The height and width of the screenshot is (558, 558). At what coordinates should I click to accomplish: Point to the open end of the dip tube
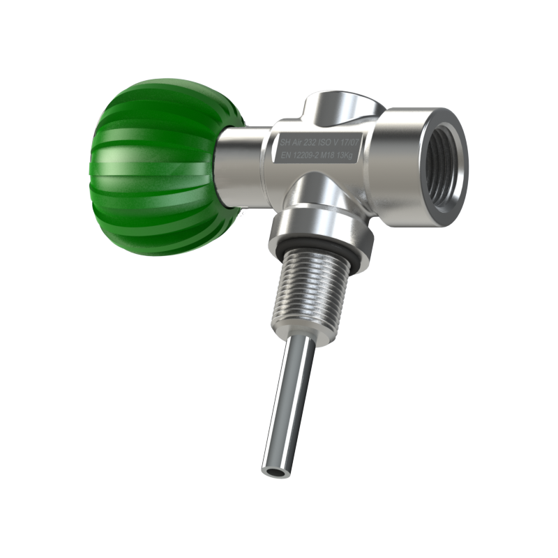pyautogui.click(x=274, y=472)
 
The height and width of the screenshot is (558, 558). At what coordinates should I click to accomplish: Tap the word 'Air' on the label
pyautogui.click(x=297, y=142)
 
